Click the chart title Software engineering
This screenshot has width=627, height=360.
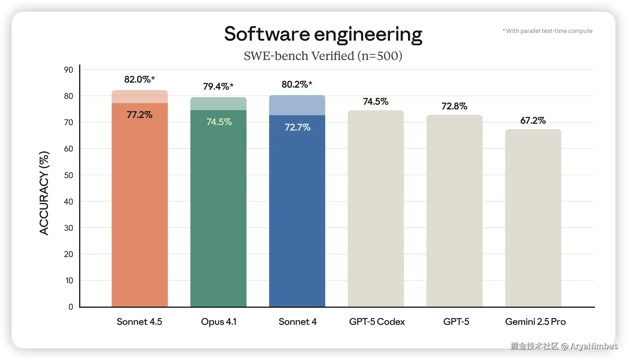pyautogui.click(x=323, y=34)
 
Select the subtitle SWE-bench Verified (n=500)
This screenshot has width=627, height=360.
pyautogui.click(x=323, y=56)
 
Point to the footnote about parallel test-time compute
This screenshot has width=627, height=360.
pyautogui.click(x=547, y=31)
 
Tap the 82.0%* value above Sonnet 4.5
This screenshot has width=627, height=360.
pyautogui.click(x=139, y=79)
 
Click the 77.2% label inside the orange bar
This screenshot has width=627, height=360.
pyautogui.click(x=139, y=115)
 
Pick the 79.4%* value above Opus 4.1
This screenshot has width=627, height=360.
pyautogui.click(x=218, y=86)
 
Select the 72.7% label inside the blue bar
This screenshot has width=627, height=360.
pyautogui.click(x=297, y=127)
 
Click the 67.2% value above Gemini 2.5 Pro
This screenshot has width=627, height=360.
pyautogui.click(x=533, y=121)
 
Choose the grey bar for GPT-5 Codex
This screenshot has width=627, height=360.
pyautogui.click(x=376, y=210)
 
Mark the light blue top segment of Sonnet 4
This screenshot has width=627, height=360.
pyautogui.click(x=297, y=105)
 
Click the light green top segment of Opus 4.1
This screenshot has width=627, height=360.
pyautogui.click(x=218, y=104)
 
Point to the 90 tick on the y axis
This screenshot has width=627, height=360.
pyautogui.click(x=68, y=70)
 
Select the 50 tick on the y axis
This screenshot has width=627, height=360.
pyautogui.click(x=68, y=175)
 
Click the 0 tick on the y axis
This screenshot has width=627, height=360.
pyautogui.click(x=71, y=307)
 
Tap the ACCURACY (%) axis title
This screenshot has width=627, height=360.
pyautogui.click(x=44, y=193)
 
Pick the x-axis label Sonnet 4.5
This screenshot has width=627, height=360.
pyautogui.click(x=139, y=322)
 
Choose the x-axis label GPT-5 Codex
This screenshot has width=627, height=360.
pyautogui.click(x=377, y=322)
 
